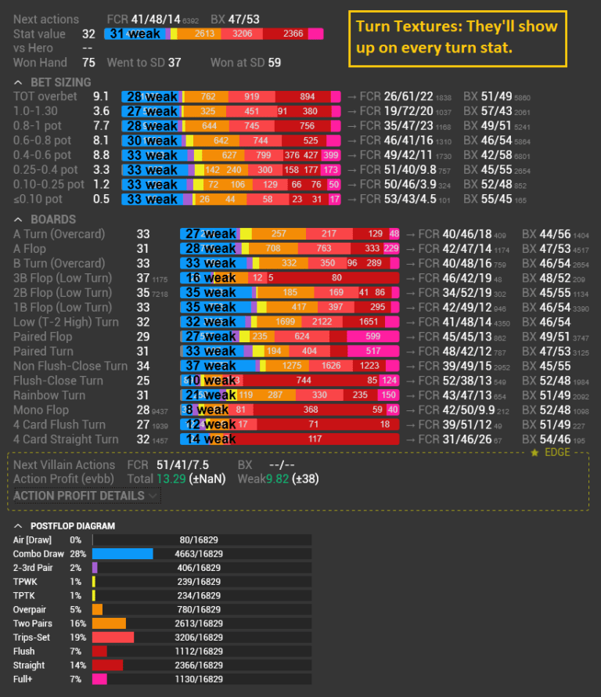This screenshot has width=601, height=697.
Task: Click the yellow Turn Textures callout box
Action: click(x=456, y=38)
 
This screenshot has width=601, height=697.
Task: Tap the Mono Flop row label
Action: click(x=40, y=410)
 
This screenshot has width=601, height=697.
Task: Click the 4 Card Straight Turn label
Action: click(x=66, y=439)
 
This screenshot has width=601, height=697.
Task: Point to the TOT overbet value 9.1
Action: click(x=101, y=96)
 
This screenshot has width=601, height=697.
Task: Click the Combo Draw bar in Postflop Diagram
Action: click(x=123, y=554)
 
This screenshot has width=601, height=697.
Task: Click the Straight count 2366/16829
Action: click(x=201, y=666)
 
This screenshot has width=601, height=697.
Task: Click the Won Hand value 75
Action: click(x=88, y=63)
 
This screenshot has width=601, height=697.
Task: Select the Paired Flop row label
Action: click(x=43, y=337)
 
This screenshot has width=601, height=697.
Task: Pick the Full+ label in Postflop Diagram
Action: click(x=26, y=680)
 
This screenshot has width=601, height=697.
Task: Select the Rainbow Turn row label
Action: click(x=49, y=395)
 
